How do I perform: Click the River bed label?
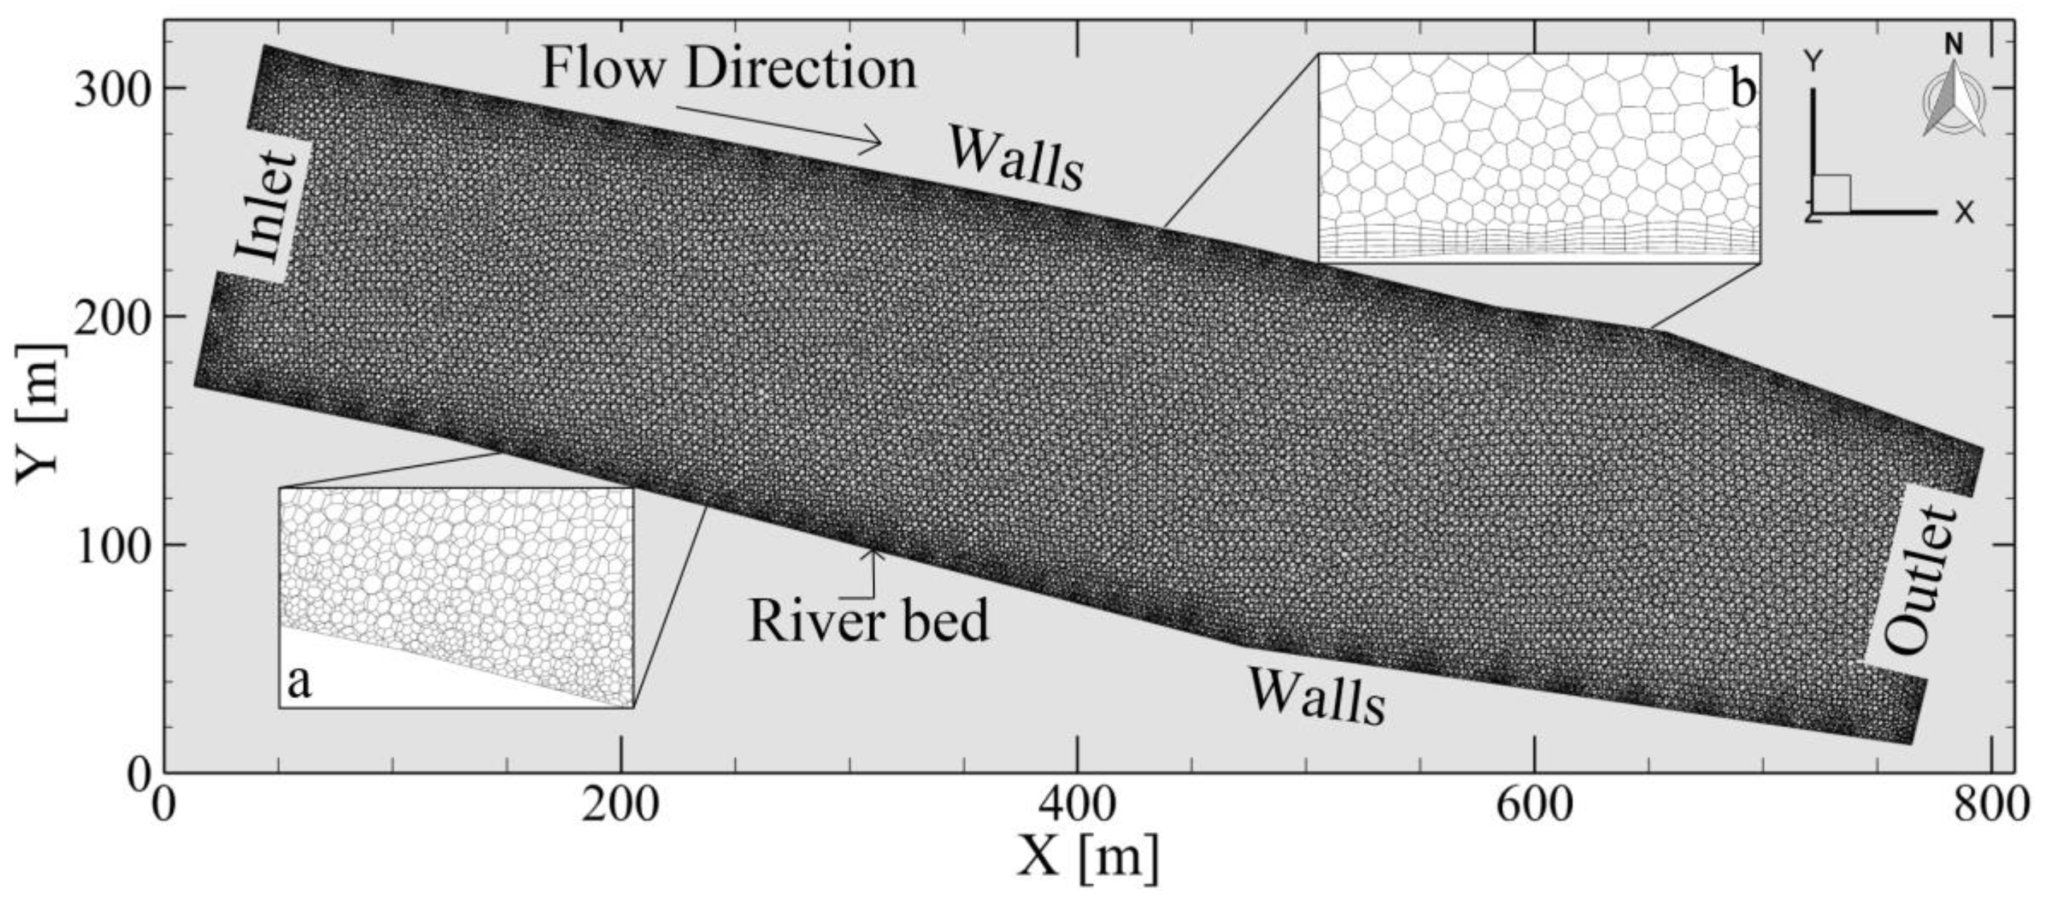(868, 621)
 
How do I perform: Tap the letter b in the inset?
(1743, 89)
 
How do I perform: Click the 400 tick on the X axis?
(1076, 805)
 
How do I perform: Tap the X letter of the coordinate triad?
(1964, 212)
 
